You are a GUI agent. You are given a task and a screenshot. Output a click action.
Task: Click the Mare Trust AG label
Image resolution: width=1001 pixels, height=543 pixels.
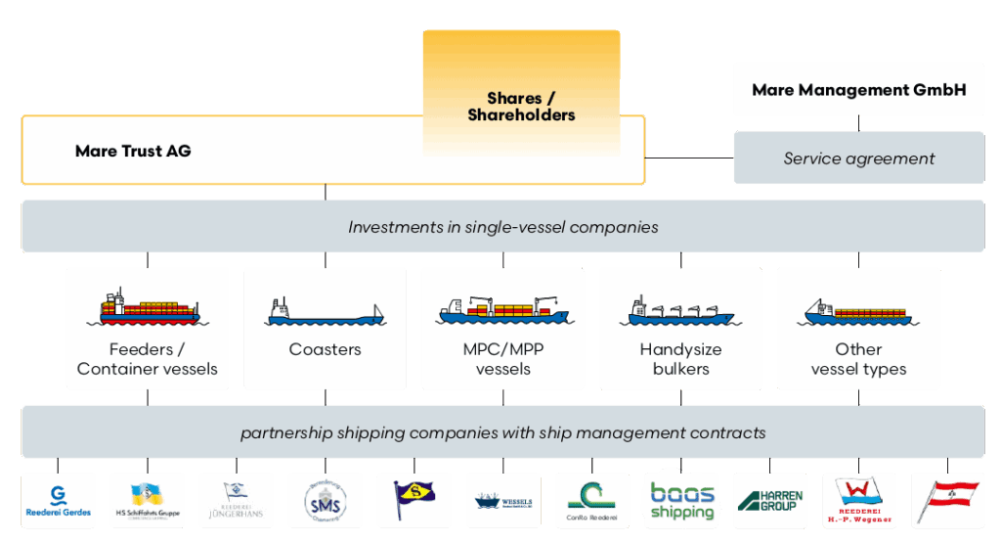[x=133, y=151]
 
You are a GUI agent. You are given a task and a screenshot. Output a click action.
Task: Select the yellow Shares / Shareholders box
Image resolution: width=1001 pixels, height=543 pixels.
[x=521, y=107]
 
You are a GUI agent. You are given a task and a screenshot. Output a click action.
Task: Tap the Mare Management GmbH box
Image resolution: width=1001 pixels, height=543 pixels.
[x=858, y=90]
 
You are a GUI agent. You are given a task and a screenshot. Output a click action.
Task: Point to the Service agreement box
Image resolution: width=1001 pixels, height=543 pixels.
[x=858, y=158]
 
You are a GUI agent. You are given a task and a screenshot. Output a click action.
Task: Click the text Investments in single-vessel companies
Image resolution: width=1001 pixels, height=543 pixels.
[x=502, y=227]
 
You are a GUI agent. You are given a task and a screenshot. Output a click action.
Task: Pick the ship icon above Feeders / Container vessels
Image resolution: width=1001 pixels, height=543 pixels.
[x=148, y=307]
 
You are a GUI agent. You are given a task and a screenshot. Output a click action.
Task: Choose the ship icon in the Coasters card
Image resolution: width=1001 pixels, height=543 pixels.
[x=325, y=312]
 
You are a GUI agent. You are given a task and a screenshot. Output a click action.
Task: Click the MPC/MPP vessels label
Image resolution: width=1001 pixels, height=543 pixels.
[x=502, y=359]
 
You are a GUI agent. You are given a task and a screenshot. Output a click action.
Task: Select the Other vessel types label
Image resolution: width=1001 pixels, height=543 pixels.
[x=858, y=359]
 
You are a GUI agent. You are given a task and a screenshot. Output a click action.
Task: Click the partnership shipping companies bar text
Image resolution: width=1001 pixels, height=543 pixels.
[x=502, y=432]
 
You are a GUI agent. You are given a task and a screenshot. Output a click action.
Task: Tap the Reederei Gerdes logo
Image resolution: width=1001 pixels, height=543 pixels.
[x=59, y=501]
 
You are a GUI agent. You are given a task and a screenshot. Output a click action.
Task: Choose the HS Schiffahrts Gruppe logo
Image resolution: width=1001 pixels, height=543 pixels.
[x=148, y=501]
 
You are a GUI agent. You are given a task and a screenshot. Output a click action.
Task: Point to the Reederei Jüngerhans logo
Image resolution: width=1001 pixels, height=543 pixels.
[x=236, y=501]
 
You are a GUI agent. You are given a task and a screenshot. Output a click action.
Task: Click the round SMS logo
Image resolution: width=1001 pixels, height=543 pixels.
[x=325, y=501]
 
